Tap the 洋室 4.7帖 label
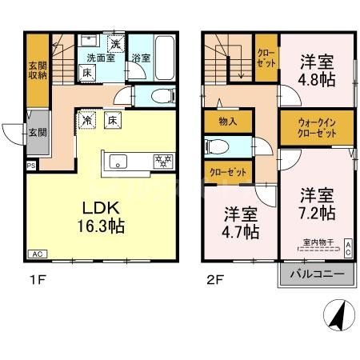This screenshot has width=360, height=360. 240,224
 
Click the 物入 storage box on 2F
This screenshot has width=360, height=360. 227,121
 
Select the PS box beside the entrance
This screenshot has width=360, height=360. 31,166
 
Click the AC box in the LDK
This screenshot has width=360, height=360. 36,254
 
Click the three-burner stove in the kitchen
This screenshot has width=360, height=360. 162,162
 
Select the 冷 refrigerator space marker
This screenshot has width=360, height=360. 86,120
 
